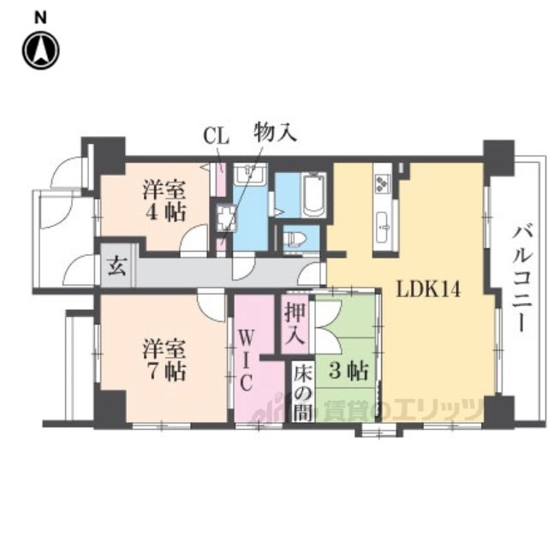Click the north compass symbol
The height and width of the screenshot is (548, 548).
point(39,50)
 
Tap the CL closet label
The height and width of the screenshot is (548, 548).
point(215,135)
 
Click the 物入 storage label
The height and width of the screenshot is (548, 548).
point(273,134)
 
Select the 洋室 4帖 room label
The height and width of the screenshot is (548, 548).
point(164,201)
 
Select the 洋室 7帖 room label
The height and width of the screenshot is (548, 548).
point(164,360)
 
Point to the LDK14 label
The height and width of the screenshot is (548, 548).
point(428,289)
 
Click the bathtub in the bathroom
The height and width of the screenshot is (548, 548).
point(313,195)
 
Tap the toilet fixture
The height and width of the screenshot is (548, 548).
point(295,235)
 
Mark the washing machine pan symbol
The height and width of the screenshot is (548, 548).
point(227,219)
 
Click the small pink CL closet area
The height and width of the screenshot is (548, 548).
point(220,182)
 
